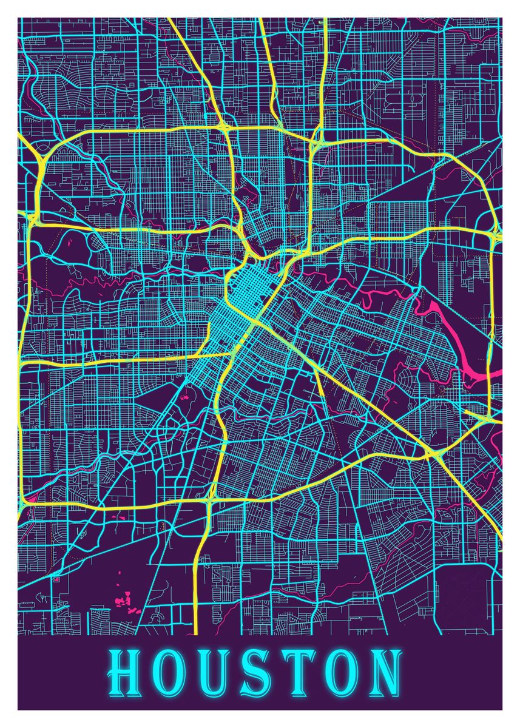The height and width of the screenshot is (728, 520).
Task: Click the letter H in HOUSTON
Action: pos(126,673)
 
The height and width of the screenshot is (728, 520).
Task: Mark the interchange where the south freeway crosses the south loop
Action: pos(211,499)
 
